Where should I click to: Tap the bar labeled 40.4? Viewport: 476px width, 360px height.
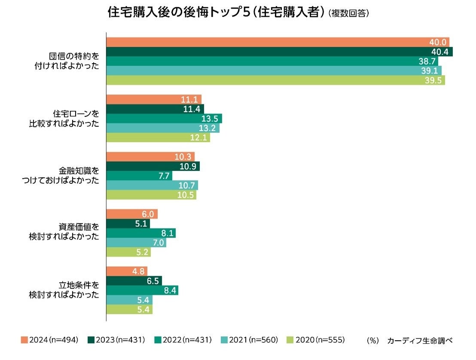click(279, 52)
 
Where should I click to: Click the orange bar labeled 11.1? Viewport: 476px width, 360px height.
click(153, 100)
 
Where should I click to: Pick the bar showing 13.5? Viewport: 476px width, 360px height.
click(164, 119)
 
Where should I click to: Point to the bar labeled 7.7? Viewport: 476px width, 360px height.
click(139, 176)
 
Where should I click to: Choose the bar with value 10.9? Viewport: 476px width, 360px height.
click(153, 166)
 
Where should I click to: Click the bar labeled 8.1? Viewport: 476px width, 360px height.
click(140, 233)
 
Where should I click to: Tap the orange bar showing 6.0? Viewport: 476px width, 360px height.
click(131, 214)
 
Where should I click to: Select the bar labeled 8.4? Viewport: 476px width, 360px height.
click(142, 290)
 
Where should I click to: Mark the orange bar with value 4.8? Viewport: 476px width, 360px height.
click(126, 271)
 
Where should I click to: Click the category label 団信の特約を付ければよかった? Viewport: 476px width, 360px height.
click(70, 61)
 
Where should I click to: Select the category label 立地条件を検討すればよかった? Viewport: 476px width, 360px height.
click(64, 290)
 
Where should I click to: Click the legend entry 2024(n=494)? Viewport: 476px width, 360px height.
click(49, 340)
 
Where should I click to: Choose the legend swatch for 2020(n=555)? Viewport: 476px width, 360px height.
click(291, 340)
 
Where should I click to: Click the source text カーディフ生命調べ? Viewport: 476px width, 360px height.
click(420, 340)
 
